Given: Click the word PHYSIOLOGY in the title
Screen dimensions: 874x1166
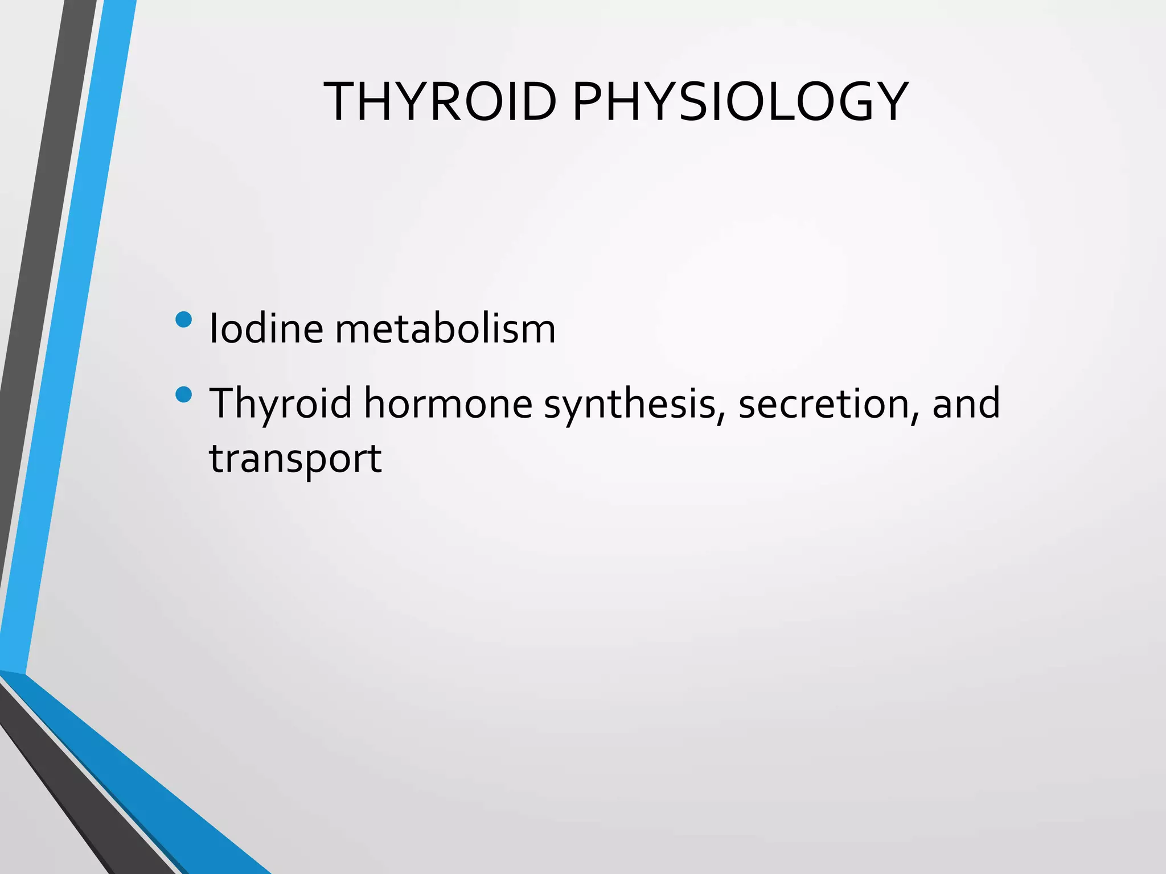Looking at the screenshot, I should pos(740,102).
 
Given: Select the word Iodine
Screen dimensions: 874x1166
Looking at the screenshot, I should pos(266,328).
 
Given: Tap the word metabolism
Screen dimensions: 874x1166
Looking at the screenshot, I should pos(445,328).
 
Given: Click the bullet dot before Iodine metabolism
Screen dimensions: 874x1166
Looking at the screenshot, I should pos(184,319).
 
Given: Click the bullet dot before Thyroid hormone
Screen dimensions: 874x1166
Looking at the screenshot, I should pos(184,394).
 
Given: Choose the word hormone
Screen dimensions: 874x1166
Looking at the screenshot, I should pos(448,403).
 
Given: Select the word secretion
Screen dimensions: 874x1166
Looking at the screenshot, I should pos(823,403).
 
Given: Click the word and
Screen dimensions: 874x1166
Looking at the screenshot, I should pos(966,403).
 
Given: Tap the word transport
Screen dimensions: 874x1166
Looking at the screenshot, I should pos(295,459).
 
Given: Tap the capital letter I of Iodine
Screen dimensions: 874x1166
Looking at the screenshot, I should pos(214,328).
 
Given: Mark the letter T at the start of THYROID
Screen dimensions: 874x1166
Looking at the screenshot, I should pos(340,102).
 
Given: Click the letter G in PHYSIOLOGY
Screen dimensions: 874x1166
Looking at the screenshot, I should pos(846,102).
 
